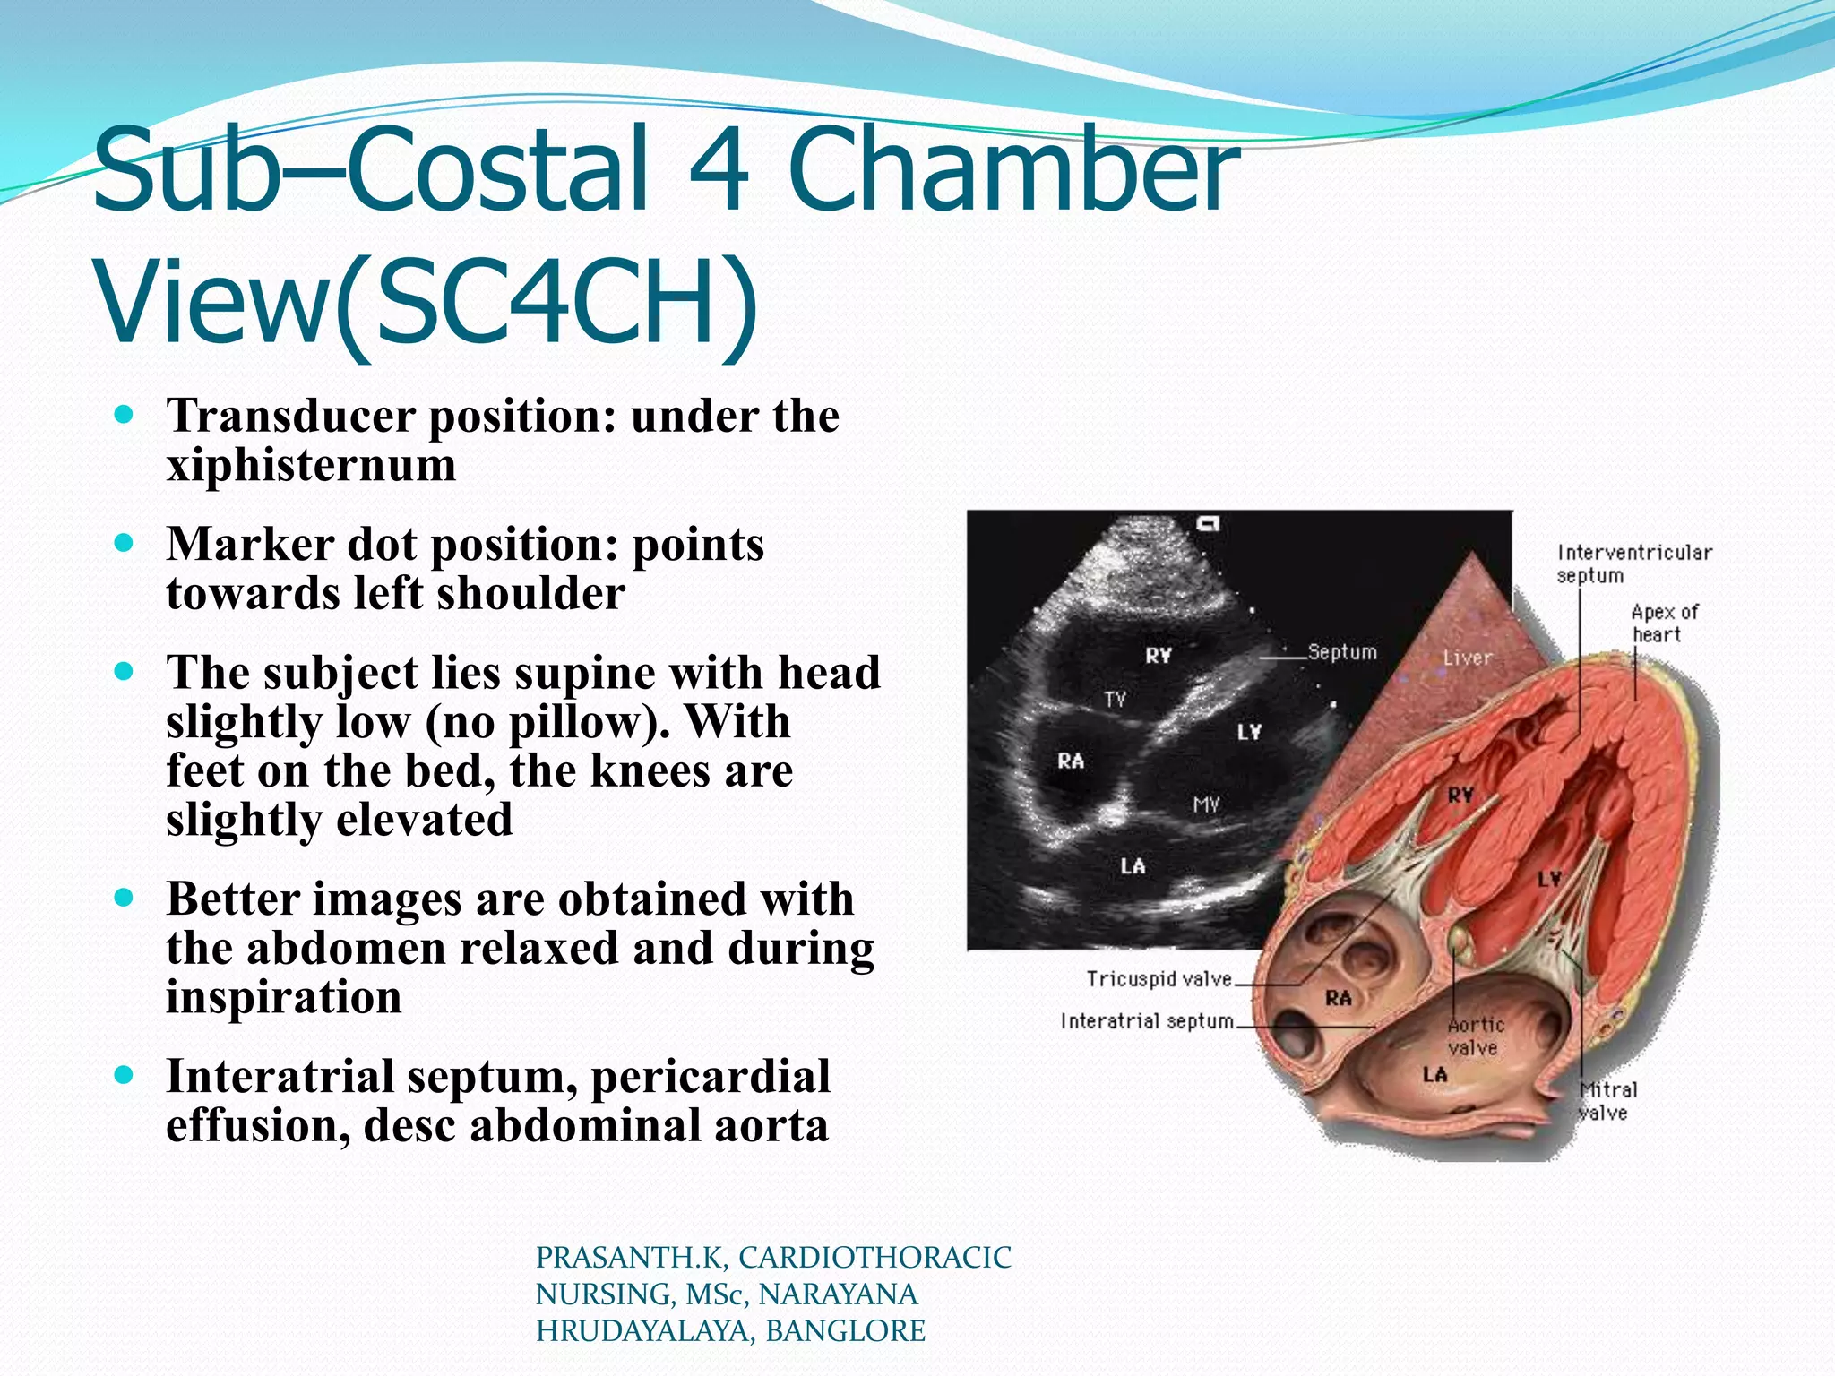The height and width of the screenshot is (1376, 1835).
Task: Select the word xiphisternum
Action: point(311,465)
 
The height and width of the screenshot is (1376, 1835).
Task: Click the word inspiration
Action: point(284,997)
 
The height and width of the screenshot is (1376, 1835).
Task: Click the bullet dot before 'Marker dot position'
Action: point(125,543)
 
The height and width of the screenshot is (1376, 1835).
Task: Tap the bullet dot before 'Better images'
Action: point(125,898)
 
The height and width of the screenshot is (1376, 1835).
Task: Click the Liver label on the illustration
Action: point(1468,658)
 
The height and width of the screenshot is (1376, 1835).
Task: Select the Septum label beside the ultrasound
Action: point(1341,651)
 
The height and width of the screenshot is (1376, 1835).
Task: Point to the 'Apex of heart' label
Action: point(1664,623)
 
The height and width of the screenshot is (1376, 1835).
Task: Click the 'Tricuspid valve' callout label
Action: point(1159,978)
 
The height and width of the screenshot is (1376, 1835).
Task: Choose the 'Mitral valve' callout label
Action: point(1607,1101)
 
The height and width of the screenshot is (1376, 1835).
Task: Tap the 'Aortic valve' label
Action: point(1476,1036)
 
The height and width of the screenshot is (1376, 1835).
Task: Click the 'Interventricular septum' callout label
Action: point(1633,563)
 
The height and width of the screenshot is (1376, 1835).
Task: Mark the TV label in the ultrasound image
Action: point(1116,699)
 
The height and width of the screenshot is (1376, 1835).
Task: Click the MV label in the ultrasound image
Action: point(1206,804)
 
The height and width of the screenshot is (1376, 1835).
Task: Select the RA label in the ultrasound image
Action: point(1071,761)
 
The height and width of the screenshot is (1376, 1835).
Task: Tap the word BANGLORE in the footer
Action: point(845,1331)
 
